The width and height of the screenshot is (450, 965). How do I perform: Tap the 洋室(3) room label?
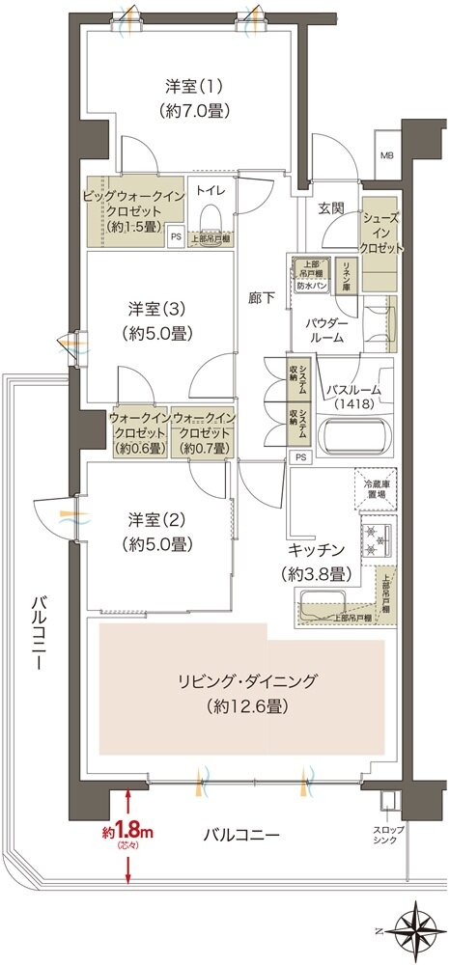158,321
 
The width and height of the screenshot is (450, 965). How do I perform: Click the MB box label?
386,156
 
